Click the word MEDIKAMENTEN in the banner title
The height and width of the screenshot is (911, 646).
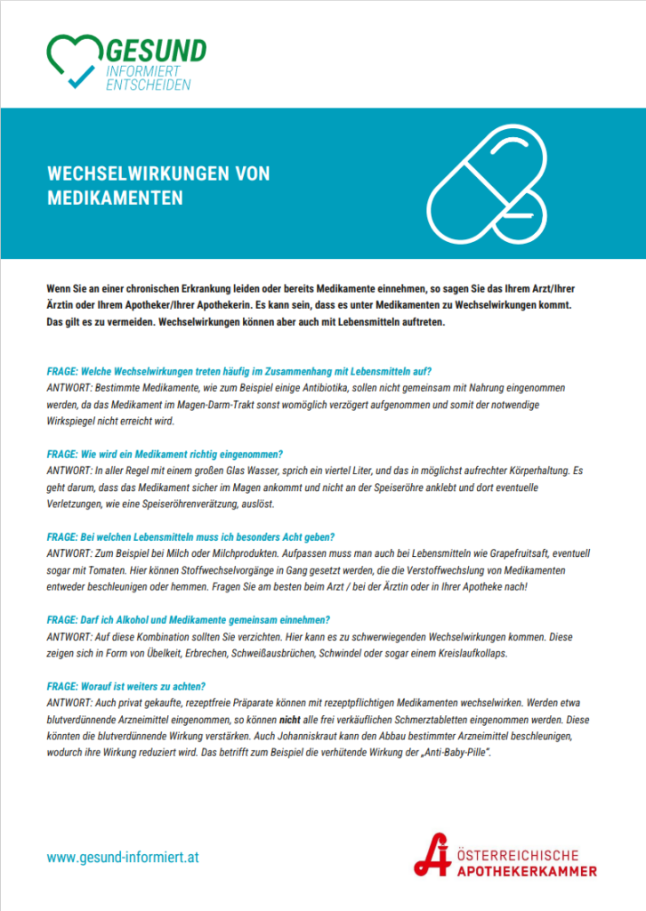115,198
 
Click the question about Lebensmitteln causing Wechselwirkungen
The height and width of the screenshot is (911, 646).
239,370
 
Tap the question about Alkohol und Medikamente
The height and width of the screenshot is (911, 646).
188,618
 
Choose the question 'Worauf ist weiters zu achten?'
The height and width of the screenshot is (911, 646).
126,685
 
